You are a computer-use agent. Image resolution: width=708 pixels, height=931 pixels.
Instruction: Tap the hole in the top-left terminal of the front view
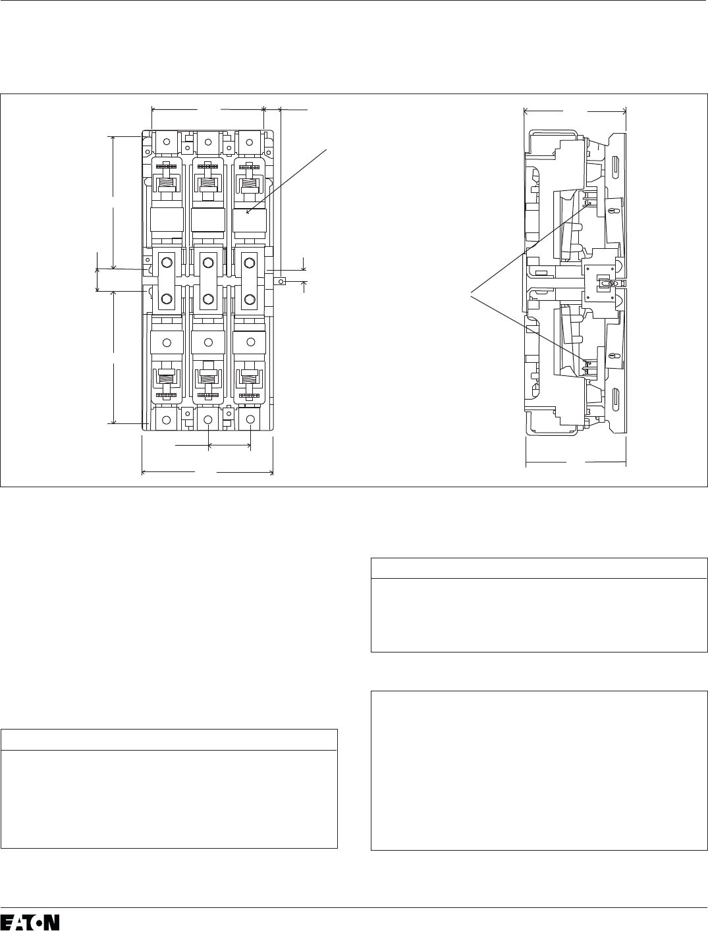[x=167, y=142]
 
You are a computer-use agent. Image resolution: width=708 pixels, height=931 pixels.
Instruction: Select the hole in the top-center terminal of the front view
[x=208, y=142]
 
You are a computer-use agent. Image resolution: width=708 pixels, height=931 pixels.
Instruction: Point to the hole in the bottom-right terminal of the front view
[x=250, y=419]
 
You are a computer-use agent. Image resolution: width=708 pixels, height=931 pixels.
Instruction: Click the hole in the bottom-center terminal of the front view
[x=208, y=419]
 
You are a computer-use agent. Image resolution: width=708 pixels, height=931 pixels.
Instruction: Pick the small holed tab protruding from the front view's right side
[x=280, y=281]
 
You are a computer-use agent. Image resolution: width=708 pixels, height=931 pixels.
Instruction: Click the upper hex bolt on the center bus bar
[x=208, y=263]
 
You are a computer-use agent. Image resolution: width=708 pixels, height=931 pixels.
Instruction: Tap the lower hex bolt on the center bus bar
[x=208, y=300]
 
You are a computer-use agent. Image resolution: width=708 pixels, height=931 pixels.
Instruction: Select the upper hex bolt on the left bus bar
[x=167, y=263]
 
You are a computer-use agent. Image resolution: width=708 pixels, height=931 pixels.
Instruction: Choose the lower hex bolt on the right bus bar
[x=250, y=300]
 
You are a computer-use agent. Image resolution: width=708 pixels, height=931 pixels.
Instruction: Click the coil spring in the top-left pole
[x=167, y=183]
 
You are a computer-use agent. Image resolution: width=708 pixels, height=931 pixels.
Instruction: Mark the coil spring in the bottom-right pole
[x=250, y=377]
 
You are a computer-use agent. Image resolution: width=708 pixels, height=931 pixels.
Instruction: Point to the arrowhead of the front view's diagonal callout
[x=248, y=212]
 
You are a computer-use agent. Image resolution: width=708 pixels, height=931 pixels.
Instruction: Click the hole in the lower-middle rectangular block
[x=208, y=342]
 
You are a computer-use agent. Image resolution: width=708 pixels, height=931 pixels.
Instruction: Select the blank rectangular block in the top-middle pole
[x=208, y=220]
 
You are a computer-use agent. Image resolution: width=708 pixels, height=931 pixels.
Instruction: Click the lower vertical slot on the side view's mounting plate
[x=616, y=399]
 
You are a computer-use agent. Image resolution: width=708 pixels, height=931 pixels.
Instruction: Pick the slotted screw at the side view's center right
[x=611, y=283]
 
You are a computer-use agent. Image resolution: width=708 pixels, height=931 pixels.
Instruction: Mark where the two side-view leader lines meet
[x=471, y=292]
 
